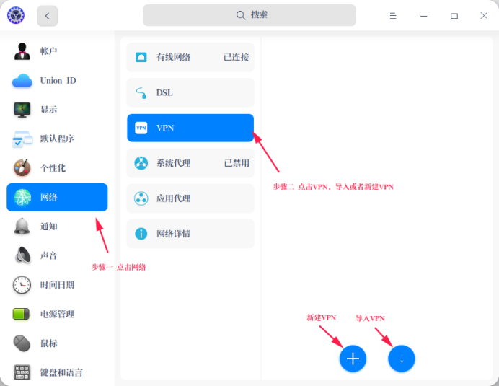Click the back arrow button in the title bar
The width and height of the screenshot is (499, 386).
[47, 16]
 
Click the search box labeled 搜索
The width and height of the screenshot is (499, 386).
[249, 15]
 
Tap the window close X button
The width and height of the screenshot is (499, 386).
[484, 16]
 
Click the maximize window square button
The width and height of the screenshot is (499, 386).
[454, 16]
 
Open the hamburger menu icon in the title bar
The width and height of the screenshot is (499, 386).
[393, 16]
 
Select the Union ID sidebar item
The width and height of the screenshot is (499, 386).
[57, 80]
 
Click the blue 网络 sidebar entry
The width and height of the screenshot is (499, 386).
[57, 197]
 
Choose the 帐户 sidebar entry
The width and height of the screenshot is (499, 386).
[57, 51]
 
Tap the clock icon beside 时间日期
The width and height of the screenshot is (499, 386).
[22, 285]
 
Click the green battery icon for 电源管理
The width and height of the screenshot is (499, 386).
[22, 314]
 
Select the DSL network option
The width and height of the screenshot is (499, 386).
[190, 92]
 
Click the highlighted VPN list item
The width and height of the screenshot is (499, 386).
[190, 128]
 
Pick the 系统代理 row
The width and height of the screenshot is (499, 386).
[190, 163]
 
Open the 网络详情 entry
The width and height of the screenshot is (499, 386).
[190, 234]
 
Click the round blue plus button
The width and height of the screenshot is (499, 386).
[353, 359]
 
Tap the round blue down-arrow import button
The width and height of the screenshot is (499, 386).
[402, 359]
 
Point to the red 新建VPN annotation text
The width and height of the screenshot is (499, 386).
[322, 317]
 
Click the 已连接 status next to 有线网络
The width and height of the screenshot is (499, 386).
[236, 57]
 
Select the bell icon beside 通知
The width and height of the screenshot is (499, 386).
[22, 227]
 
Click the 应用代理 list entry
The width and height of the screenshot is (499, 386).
[190, 198]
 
